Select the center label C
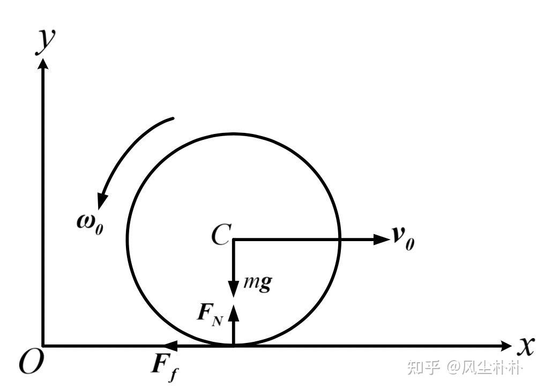pos(220,236)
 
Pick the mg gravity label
pos(257,282)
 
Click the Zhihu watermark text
pos(464,368)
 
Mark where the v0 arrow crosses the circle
pos(340,239)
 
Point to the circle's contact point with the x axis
pos(233,346)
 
